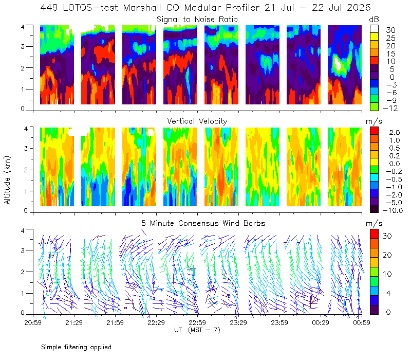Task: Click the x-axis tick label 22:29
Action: [156, 322]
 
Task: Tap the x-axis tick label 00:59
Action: [362, 322]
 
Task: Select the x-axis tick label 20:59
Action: [33, 322]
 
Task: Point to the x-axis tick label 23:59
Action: [279, 322]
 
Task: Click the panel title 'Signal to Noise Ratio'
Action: [197, 20]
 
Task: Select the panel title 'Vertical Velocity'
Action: [197, 121]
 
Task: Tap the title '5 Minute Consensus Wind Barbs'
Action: [203, 223]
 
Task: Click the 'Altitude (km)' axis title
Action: [7, 180]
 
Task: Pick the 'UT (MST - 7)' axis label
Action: [197, 330]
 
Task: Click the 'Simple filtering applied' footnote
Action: [76, 347]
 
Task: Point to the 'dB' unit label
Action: [374, 20]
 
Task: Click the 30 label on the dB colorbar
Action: [390, 30]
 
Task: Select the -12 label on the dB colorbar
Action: [390, 108]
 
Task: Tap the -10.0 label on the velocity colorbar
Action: [393, 210]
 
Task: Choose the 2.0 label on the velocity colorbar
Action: [395, 133]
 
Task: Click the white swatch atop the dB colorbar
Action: [374, 29]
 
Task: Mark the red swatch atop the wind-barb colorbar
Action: [374, 234]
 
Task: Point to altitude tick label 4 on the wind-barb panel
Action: [23, 230]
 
